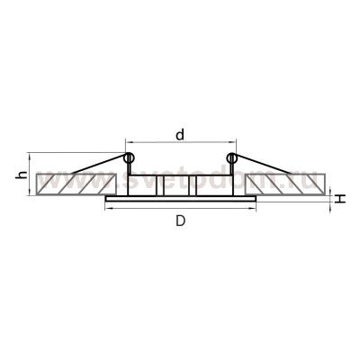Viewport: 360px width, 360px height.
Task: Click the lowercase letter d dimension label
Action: [x=181, y=135]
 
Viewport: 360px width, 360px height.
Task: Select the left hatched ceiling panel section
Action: [x=72, y=185]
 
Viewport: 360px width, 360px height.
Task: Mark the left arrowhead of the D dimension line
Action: [x=108, y=210]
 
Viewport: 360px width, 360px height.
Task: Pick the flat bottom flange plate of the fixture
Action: [x=181, y=197]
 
